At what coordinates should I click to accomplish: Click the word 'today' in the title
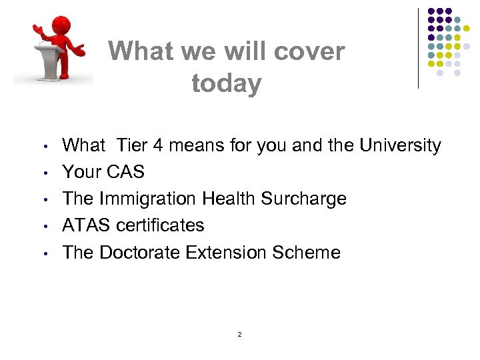[226, 84]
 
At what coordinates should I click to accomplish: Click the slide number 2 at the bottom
[239, 334]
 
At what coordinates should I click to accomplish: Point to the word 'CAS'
[123, 172]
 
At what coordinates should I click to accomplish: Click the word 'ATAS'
[87, 226]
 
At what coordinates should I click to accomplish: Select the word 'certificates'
[160, 226]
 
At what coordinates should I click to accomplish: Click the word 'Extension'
[241, 253]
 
